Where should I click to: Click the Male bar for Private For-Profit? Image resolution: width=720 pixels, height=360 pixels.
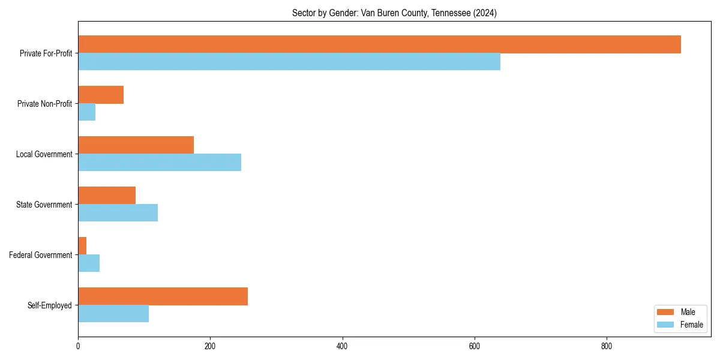(379, 44)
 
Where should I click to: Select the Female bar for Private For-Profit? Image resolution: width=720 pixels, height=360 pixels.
(289, 62)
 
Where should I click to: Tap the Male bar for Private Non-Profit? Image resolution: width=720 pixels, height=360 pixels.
(101, 95)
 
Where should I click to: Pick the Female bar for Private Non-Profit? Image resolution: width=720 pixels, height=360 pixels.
(87, 112)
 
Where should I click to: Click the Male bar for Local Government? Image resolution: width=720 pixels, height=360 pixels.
(136, 145)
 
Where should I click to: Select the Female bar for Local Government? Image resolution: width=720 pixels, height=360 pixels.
(160, 163)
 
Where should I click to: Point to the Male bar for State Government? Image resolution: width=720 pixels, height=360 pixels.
(107, 196)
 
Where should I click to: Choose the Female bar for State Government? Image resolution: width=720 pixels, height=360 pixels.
(118, 213)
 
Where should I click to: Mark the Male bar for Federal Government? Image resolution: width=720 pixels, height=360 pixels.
(82, 246)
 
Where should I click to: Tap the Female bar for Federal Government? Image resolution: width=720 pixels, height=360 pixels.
(89, 263)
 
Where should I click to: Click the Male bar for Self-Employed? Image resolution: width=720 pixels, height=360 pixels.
(163, 296)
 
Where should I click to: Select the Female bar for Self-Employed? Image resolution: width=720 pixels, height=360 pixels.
(113, 314)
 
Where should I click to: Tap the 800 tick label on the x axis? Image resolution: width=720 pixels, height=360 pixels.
(607, 346)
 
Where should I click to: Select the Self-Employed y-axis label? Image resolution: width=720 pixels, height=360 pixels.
(50, 305)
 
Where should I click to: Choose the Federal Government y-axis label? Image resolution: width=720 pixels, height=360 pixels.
(41, 255)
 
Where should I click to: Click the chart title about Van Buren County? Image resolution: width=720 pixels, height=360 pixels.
(394, 13)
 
